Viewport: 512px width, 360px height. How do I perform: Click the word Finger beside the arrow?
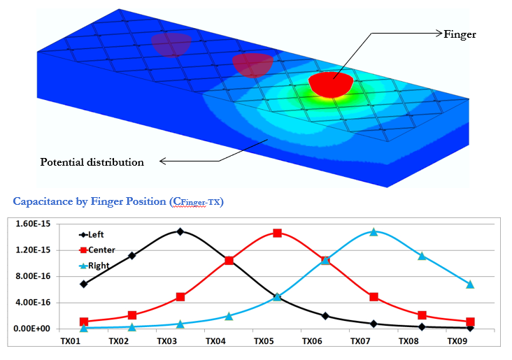click(x=460, y=34)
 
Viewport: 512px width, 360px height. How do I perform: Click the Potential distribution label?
click(x=92, y=162)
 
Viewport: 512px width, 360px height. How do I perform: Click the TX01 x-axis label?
click(x=71, y=342)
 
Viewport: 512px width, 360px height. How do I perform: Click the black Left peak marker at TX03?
click(x=180, y=231)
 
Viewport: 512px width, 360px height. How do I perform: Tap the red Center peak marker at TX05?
click(x=277, y=233)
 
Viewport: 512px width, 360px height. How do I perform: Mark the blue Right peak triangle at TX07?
click(x=374, y=231)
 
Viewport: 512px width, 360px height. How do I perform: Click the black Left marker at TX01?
click(x=84, y=284)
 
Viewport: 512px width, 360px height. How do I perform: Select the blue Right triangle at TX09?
click(x=470, y=285)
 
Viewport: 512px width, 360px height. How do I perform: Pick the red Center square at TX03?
click(x=180, y=297)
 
